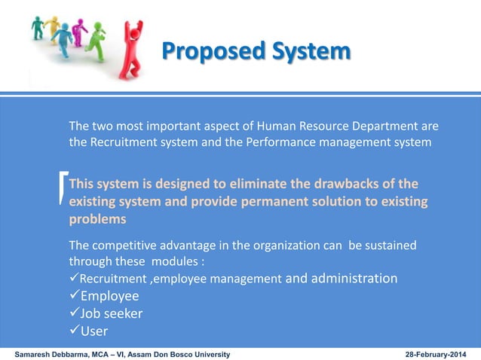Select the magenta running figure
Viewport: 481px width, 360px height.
pos(78,32)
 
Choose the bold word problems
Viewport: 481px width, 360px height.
pos(97,219)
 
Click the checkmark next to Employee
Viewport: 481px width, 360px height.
pos(75,296)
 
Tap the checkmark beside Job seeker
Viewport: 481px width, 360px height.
pos(75,313)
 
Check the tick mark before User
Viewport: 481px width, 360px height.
pos(75,331)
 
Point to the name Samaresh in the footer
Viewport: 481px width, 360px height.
pos(37,353)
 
